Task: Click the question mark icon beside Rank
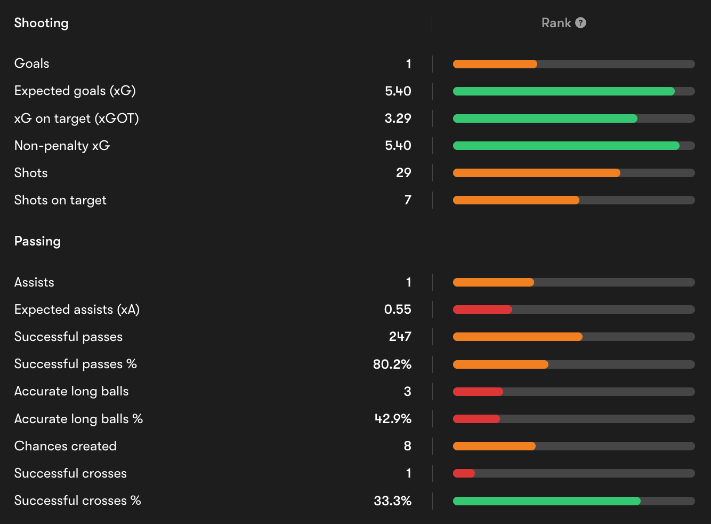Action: [x=581, y=23]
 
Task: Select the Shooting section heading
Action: [x=41, y=23]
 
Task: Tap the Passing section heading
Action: [x=37, y=241]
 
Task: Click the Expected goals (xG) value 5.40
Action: [x=398, y=91]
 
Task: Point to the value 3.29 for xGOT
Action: [x=398, y=118]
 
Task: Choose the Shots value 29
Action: [x=403, y=173]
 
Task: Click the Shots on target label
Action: [x=60, y=200]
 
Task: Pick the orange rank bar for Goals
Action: [x=495, y=64]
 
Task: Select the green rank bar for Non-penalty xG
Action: [x=566, y=146]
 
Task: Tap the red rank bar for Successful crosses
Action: [x=464, y=473]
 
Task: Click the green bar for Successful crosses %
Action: [x=546, y=501]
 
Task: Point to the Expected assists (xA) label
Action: [x=77, y=309]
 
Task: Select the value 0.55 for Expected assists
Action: [x=398, y=309]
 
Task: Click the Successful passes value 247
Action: [x=400, y=337]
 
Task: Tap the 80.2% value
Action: [x=392, y=364]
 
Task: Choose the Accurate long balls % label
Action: [x=78, y=419]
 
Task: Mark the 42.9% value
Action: [x=393, y=419]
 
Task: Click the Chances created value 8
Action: [x=407, y=446]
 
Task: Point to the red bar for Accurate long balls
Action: [x=478, y=392]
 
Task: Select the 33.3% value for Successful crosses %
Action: [x=392, y=501]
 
